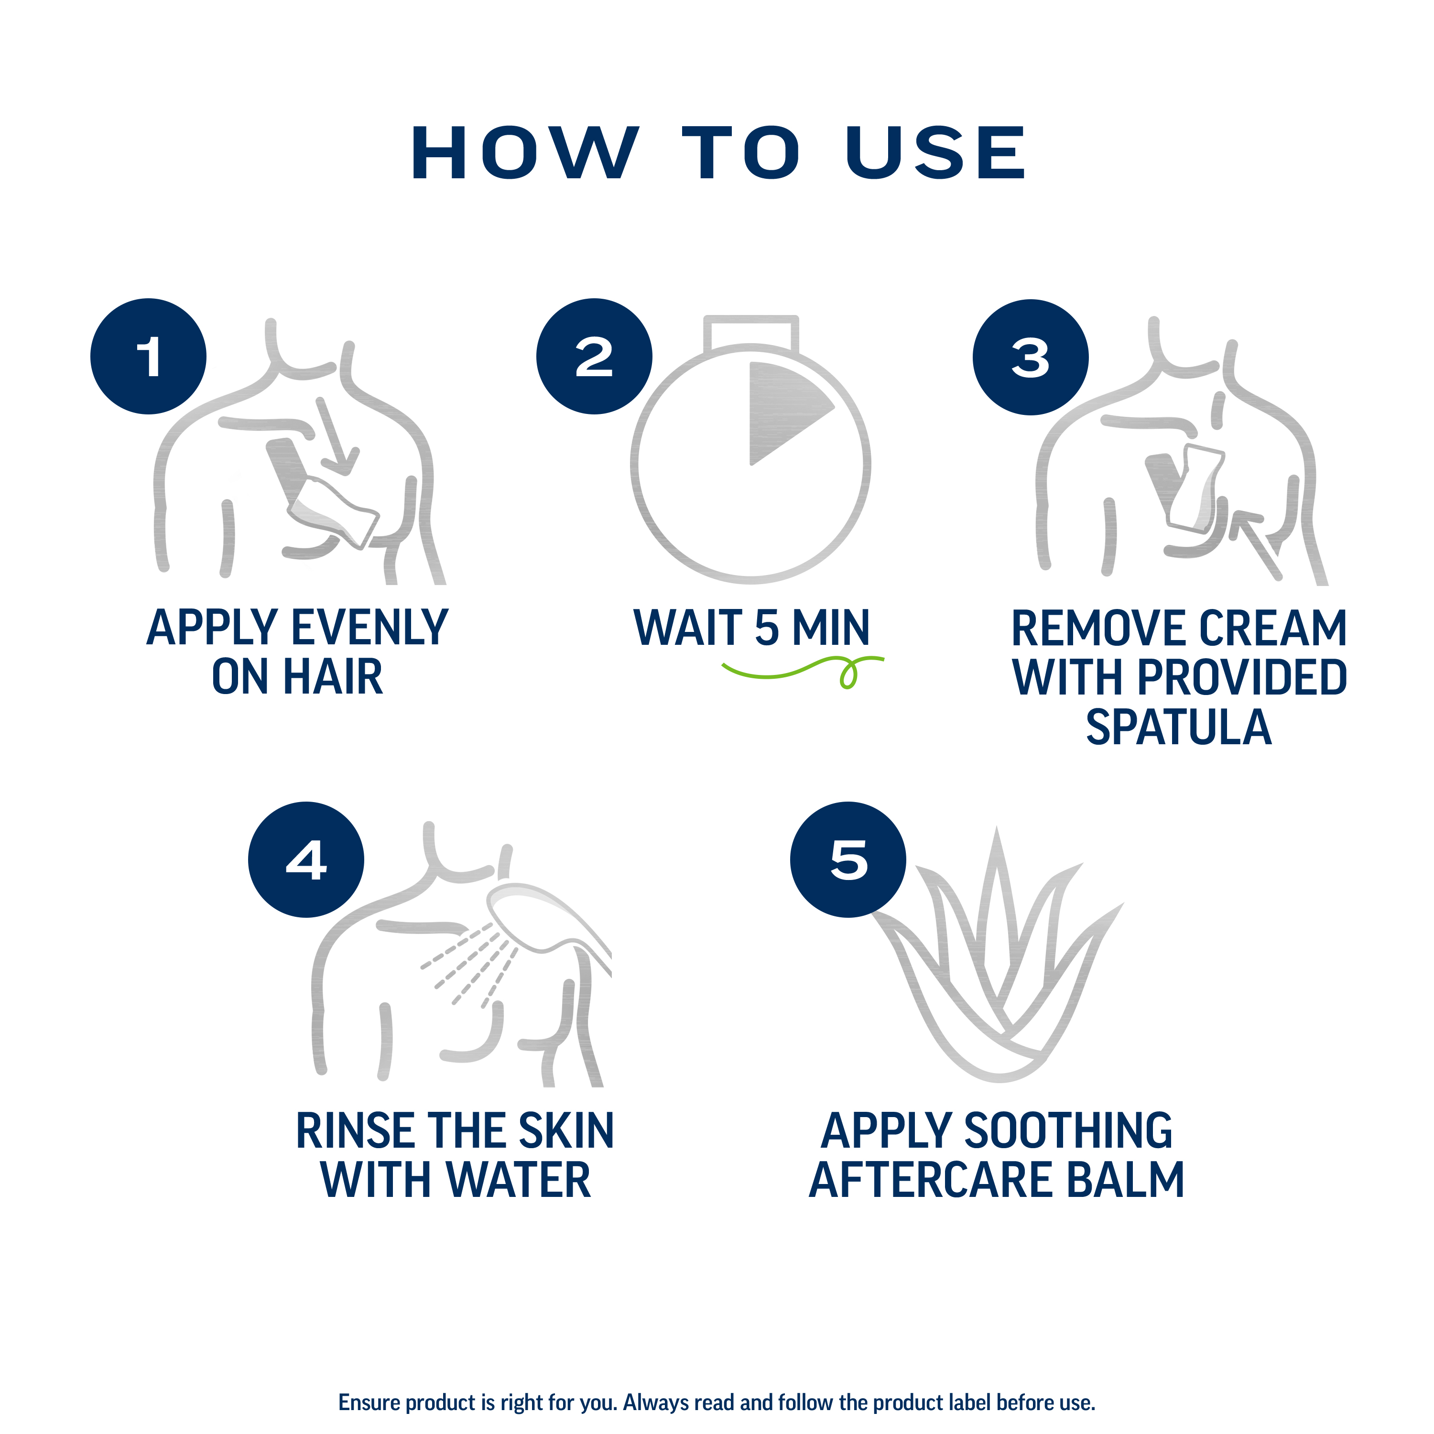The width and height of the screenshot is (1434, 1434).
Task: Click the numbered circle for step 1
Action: click(x=149, y=356)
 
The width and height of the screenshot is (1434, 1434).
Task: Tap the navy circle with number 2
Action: click(x=594, y=356)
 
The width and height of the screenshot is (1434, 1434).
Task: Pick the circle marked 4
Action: click(x=306, y=859)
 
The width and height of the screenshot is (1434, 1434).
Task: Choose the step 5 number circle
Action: click(x=847, y=859)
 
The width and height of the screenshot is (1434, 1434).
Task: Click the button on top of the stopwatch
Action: click(x=751, y=332)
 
